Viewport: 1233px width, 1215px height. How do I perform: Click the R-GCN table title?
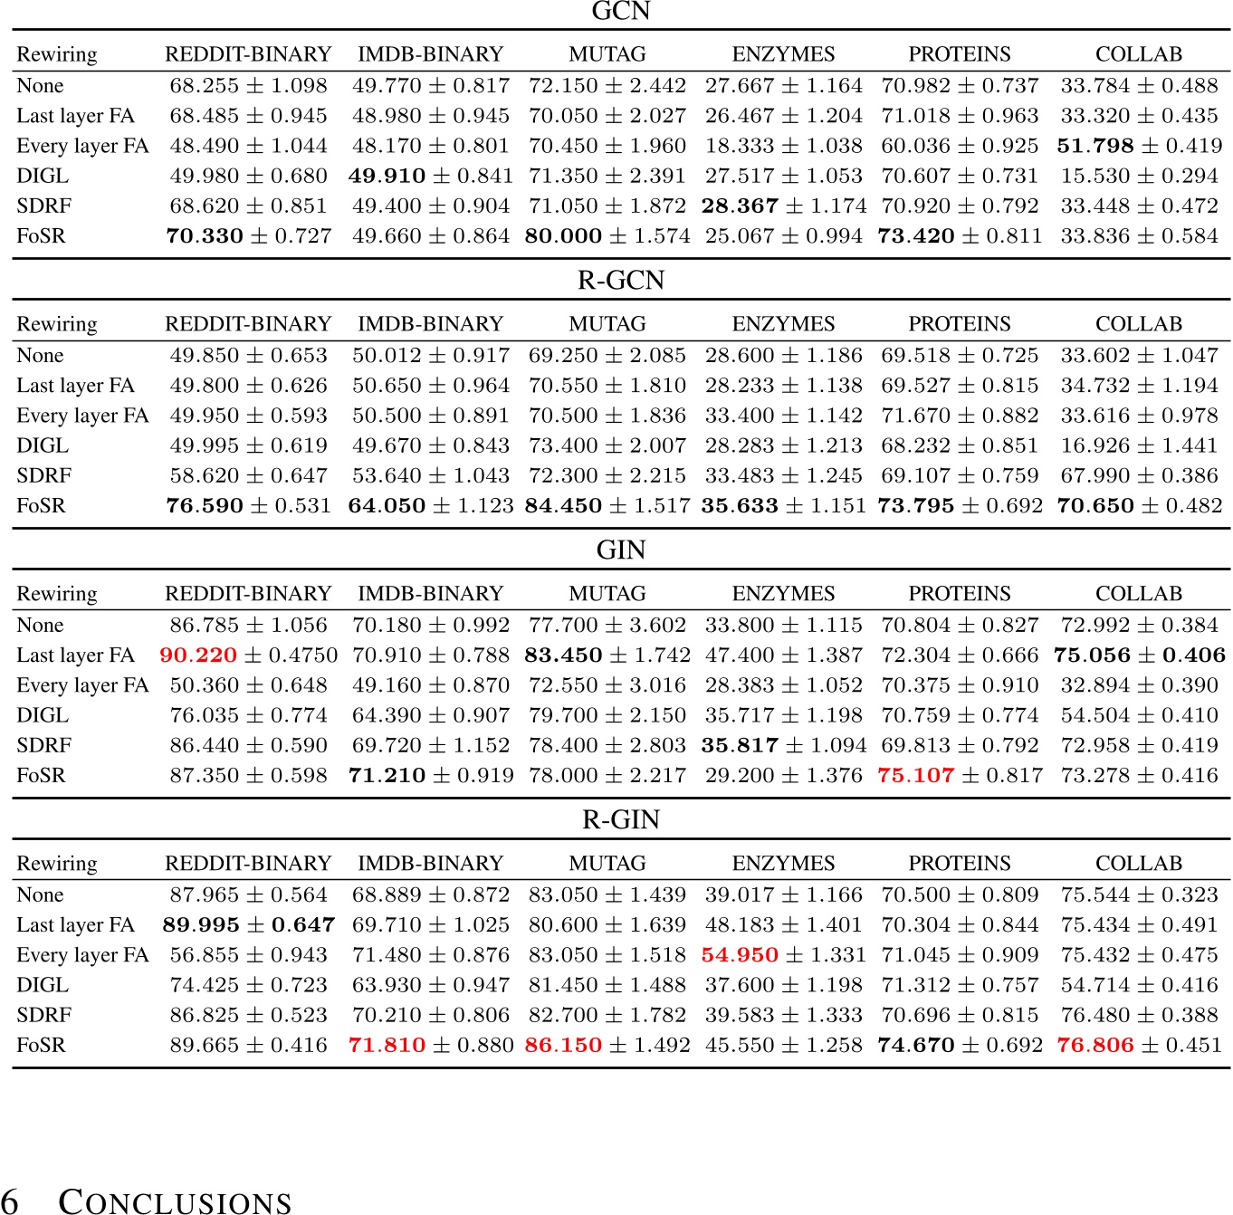pyautogui.click(x=620, y=281)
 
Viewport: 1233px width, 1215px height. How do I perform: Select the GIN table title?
pyautogui.click(x=620, y=550)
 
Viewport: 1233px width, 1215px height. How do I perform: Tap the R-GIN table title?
pyautogui.click(x=620, y=819)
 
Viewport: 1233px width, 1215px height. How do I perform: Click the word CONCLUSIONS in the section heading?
pyautogui.click(x=175, y=1201)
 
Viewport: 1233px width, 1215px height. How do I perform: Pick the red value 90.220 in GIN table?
pyautogui.click(x=197, y=655)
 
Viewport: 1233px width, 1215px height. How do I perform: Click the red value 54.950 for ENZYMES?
pyautogui.click(x=739, y=954)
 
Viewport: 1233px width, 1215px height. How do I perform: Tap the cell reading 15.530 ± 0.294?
pyautogui.click(x=1139, y=176)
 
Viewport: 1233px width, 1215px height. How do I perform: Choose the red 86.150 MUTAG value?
pyautogui.click(x=562, y=1045)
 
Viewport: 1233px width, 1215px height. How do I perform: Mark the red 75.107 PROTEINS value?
pyautogui.click(x=915, y=775)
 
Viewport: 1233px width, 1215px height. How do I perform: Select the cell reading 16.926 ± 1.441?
pyautogui.click(x=1139, y=445)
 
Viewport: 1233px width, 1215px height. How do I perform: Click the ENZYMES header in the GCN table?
pyautogui.click(x=783, y=53)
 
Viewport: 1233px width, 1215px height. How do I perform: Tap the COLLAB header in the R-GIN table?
pyautogui.click(x=1138, y=863)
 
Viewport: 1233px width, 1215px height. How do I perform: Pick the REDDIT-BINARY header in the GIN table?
pyautogui.click(x=248, y=593)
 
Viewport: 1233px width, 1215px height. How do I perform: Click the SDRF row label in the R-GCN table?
pyautogui.click(x=43, y=475)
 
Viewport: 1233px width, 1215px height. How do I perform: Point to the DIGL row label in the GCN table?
pyautogui.click(x=43, y=176)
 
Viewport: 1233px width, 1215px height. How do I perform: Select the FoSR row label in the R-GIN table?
pyautogui.click(x=41, y=1045)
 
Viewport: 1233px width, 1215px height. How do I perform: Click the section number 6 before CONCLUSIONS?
pyautogui.click(x=10, y=1201)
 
